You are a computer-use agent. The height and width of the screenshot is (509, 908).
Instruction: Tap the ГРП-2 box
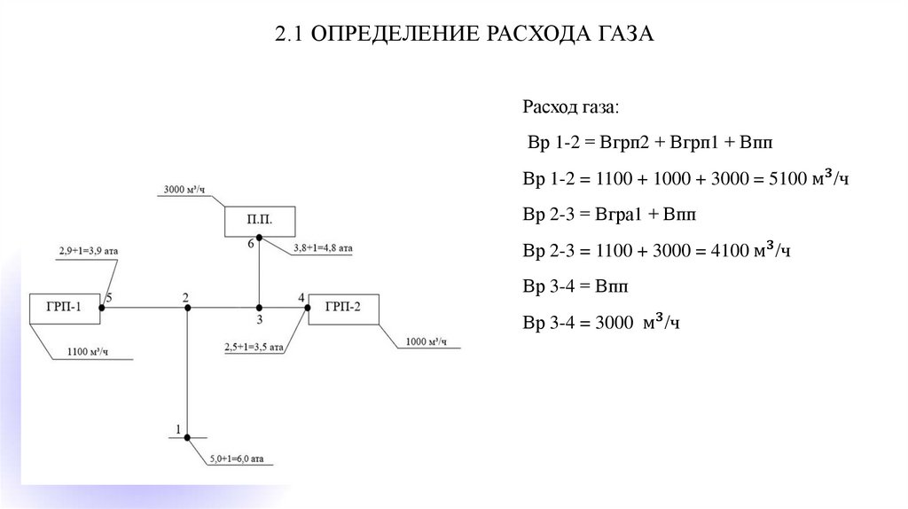pyautogui.click(x=342, y=308)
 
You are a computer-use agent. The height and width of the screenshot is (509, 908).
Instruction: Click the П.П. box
pyautogui.click(x=258, y=219)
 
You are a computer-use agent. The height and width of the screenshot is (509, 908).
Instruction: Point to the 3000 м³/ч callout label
pyautogui.click(x=184, y=189)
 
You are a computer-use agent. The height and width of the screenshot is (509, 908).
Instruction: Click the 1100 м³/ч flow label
pyautogui.click(x=87, y=353)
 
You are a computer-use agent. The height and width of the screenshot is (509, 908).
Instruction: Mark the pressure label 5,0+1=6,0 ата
pyautogui.click(x=237, y=459)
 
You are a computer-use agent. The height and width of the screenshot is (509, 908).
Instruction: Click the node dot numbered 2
pyautogui.click(x=187, y=308)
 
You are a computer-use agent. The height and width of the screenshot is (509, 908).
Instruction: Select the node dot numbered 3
pyautogui.click(x=259, y=308)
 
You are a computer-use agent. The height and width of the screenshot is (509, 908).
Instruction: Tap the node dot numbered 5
pyautogui.click(x=103, y=308)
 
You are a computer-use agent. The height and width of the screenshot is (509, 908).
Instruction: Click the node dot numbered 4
pyautogui.click(x=308, y=308)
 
